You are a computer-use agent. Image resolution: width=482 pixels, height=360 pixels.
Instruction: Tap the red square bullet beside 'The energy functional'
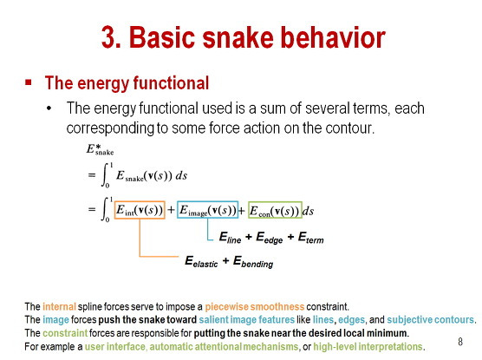[x=29, y=82]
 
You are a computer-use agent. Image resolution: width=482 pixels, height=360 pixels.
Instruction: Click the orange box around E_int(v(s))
[x=114, y=210]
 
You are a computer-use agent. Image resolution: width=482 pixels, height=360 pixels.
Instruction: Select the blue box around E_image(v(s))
[x=178, y=210]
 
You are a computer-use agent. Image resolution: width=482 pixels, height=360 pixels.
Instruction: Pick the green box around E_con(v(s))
[x=249, y=210]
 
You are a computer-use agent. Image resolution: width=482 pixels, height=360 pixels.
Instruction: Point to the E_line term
[x=230, y=238]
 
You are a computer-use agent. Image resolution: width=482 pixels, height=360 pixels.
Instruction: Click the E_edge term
[x=270, y=238]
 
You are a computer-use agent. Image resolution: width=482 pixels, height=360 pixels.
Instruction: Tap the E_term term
[x=310, y=238]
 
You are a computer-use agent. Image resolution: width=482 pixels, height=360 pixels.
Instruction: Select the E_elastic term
[x=201, y=261]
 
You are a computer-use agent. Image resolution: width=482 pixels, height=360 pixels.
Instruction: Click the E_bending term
[x=253, y=262]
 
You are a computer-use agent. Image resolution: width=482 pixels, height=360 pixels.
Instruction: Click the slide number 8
[x=460, y=342]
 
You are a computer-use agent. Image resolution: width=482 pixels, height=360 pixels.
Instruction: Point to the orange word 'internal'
[x=59, y=307]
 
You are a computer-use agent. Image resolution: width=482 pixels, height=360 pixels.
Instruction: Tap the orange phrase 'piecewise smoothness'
[x=255, y=307]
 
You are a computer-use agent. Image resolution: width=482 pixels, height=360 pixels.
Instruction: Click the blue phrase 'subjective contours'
[x=430, y=320]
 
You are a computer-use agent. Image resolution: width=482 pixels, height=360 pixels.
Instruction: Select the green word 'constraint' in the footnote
[x=65, y=333]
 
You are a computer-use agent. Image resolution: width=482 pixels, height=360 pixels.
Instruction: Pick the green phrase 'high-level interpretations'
[x=368, y=347]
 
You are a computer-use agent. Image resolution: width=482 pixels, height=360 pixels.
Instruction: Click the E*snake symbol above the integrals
[x=100, y=149]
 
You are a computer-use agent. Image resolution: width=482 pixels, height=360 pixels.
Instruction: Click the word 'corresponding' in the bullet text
[x=110, y=128]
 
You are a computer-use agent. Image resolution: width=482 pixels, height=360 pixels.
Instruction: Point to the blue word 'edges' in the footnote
[x=352, y=320]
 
